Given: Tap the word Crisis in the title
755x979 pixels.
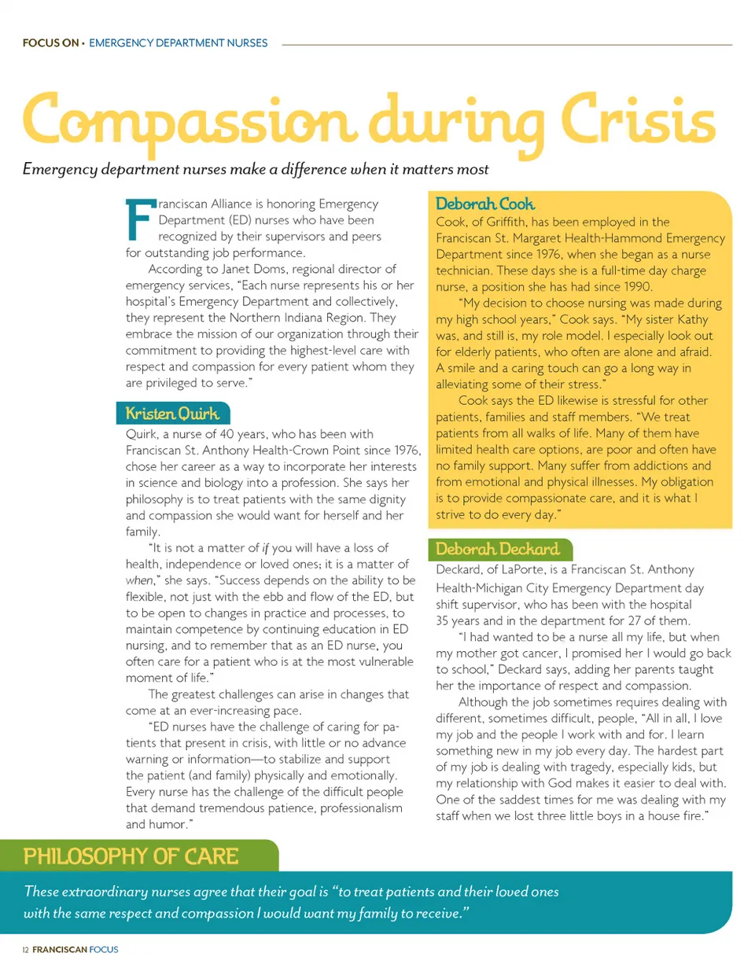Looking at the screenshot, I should click(638, 120).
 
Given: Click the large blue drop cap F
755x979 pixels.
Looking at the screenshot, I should click(138, 220).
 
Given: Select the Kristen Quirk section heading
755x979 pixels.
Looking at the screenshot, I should click(172, 414).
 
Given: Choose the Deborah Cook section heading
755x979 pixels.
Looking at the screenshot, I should click(484, 204).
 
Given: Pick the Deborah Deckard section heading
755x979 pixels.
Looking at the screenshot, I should click(497, 549).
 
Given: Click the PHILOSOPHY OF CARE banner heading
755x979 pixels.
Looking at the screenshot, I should click(131, 856).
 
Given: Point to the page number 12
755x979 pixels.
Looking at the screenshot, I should click(25, 950).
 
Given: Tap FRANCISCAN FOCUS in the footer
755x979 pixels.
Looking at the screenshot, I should click(75, 950).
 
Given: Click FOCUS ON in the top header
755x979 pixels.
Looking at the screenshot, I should click(50, 43).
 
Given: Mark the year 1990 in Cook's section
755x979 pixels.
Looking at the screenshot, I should click(638, 287).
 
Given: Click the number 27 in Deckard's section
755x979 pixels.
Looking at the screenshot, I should click(635, 620).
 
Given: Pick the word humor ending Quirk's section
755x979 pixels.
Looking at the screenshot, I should click(165, 824).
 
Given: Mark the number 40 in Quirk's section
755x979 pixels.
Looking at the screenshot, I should click(226, 434).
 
